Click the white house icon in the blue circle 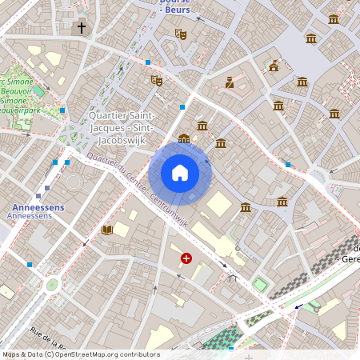coord(180,173)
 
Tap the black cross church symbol coord(81,28)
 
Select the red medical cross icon coord(186,258)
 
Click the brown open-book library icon coord(107,230)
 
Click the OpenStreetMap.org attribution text coord(80,354)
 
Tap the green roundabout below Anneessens coord(53,283)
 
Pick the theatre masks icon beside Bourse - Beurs coord(181,34)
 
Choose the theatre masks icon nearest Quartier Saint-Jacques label coord(157,80)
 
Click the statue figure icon coord(230,82)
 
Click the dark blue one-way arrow coord(298,305)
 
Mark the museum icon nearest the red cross coord(246,208)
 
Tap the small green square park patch coord(260,284)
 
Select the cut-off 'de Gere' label coord(350,254)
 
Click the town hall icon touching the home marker coord(184,139)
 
